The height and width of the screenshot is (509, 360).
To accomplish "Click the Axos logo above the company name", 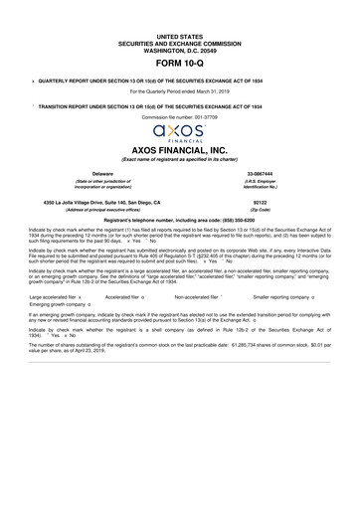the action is [179, 133].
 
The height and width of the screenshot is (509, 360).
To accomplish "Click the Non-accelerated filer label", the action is [199, 295].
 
